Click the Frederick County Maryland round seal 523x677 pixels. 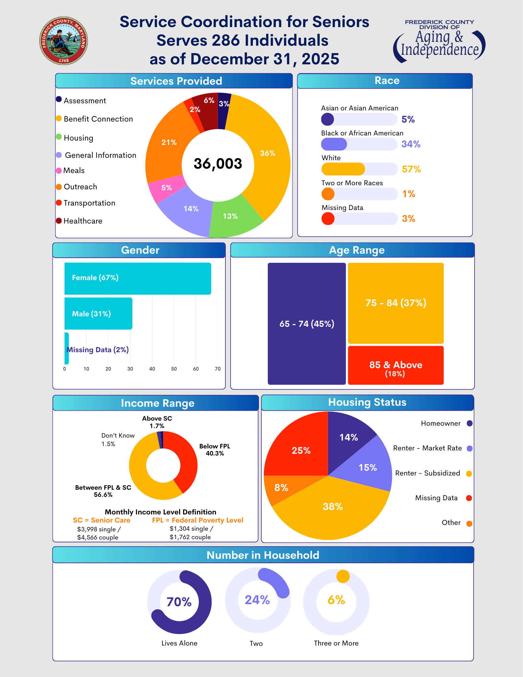coord(64,41)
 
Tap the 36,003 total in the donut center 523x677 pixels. coord(218,164)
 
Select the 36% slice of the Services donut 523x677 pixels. coord(267,153)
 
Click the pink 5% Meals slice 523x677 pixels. coord(167,188)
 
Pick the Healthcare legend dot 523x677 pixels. coord(59,221)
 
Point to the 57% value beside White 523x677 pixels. coord(411,169)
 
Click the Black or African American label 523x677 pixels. coord(362,133)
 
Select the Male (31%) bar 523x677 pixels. coord(98,314)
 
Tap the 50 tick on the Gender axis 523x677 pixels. coord(174,369)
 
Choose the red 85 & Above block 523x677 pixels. coord(395,365)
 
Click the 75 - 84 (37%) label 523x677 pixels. coord(395,303)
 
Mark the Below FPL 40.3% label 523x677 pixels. coord(215,450)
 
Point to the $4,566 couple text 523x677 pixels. coord(97,537)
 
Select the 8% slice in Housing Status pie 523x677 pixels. coord(281,488)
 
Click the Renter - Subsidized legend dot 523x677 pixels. coord(469,473)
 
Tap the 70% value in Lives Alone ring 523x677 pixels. coord(179,602)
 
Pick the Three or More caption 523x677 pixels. coord(336,643)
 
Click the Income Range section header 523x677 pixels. coord(157,403)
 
